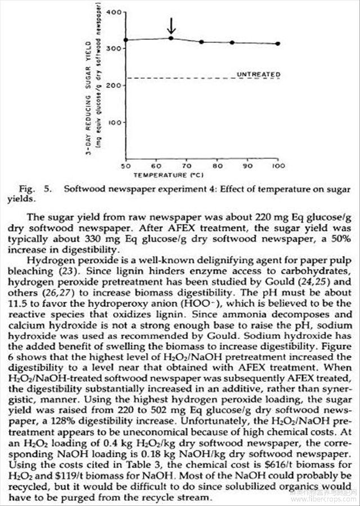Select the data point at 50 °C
coord(125,40)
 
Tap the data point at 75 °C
coord(201,42)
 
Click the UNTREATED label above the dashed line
coord(258,74)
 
